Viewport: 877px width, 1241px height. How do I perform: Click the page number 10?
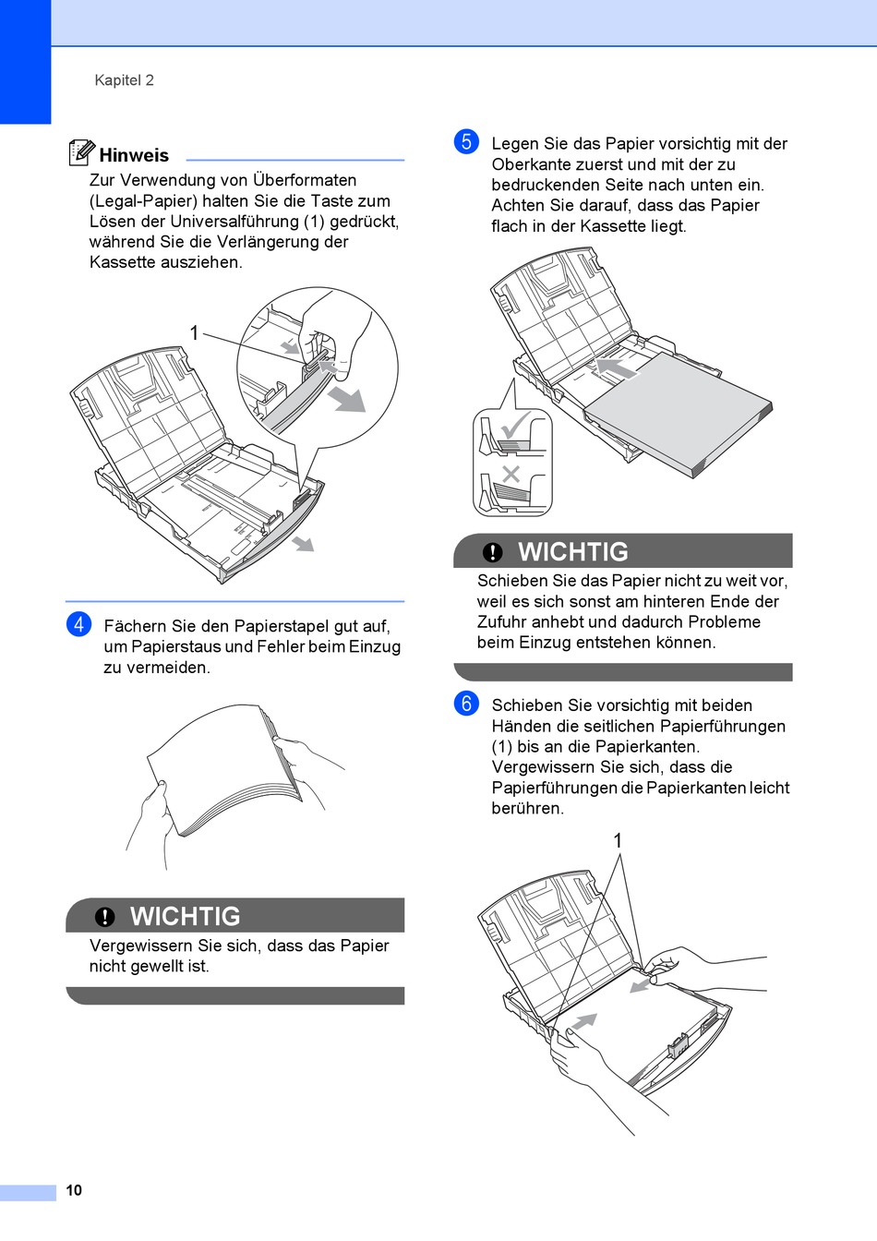tap(74, 1190)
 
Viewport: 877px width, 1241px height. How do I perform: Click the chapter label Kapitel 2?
tap(124, 80)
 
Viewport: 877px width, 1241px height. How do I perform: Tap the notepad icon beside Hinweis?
tap(81, 152)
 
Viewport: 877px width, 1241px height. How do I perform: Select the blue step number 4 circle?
tap(79, 624)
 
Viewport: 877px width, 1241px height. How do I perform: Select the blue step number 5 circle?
tap(467, 141)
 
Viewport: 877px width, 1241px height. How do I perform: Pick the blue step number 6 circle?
tap(467, 704)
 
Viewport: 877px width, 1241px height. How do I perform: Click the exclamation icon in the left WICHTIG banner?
tap(105, 916)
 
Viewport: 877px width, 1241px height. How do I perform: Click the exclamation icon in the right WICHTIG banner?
tap(493, 552)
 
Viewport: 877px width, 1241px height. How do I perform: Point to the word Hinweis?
tap(134, 155)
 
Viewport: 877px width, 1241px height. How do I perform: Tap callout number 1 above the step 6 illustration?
tap(618, 840)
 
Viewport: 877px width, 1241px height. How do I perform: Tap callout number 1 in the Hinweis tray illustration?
tap(194, 332)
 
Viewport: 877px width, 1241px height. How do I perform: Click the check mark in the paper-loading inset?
tap(513, 426)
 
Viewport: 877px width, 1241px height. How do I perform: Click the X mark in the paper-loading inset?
tap(511, 474)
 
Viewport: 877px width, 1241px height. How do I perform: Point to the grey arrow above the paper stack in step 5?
tap(615, 367)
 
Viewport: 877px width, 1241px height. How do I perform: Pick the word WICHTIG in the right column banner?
tap(572, 551)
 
